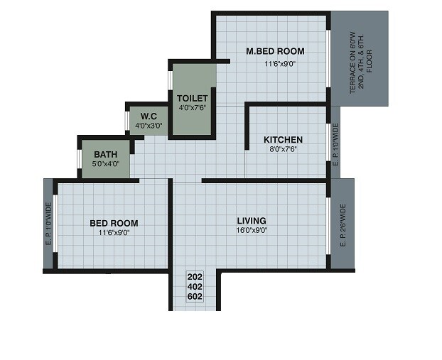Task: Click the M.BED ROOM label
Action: click(275, 51)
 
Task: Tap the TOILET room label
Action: click(192, 98)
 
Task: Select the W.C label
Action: click(149, 116)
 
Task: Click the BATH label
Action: click(105, 153)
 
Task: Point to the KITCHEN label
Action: click(283, 139)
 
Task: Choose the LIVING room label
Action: click(252, 221)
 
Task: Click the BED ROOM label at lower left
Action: click(114, 223)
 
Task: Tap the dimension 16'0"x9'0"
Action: click(252, 231)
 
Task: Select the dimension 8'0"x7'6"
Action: click(283, 150)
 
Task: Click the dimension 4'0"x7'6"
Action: click(192, 108)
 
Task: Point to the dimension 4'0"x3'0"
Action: click(149, 126)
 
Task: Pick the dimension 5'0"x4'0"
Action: click(105, 163)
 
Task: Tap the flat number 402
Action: click(195, 287)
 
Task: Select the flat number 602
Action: click(195, 297)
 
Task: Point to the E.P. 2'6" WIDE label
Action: click(343, 226)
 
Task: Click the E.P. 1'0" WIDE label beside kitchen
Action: click(336, 146)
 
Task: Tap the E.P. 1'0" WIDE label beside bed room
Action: click(48, 225)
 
